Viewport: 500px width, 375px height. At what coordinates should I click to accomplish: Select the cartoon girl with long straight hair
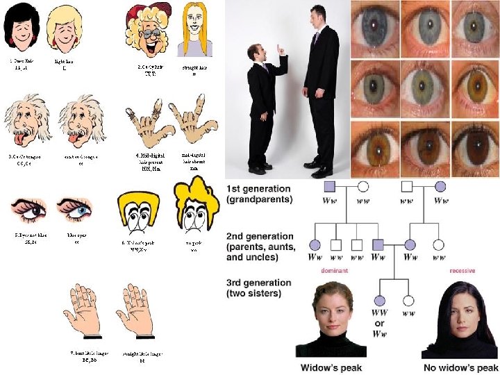pos(195,28)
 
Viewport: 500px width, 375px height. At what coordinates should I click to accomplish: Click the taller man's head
pos(318,15)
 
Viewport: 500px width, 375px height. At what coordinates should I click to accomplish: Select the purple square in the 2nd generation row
pos(378,244)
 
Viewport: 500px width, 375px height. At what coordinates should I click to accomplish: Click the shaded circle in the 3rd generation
pos(380,300)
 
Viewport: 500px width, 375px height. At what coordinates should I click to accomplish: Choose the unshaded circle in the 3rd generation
pos(409,300)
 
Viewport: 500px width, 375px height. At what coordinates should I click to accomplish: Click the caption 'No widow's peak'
pos(460,367)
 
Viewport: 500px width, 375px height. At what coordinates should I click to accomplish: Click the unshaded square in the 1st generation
pos(408,187)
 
